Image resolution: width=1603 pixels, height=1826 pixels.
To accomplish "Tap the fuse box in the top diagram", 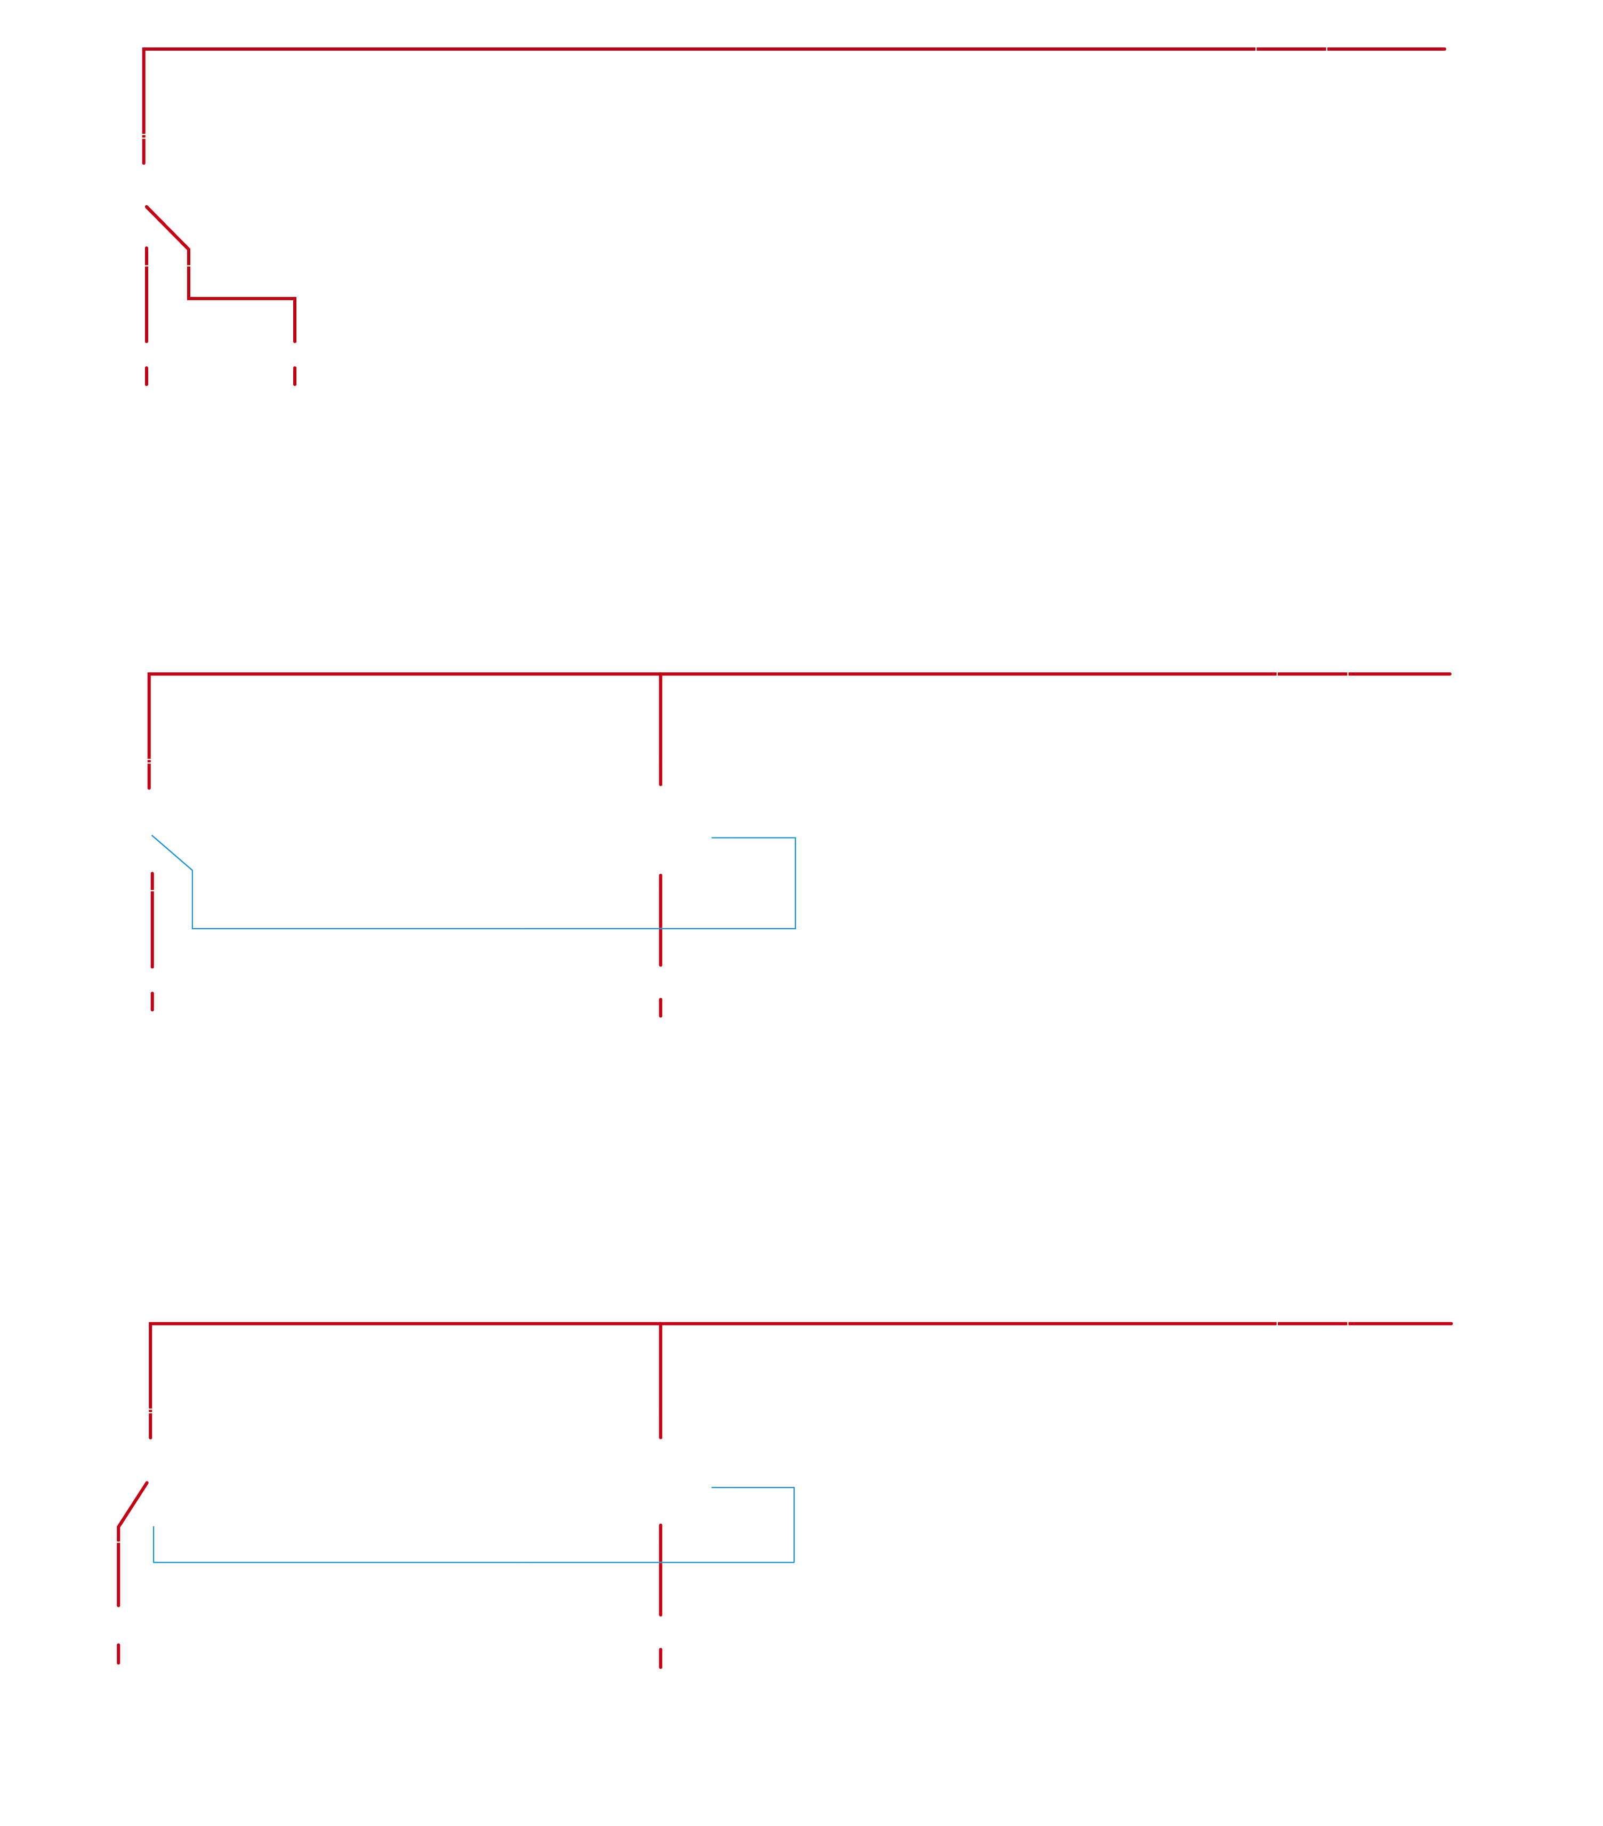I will click(x=1291, y=54).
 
